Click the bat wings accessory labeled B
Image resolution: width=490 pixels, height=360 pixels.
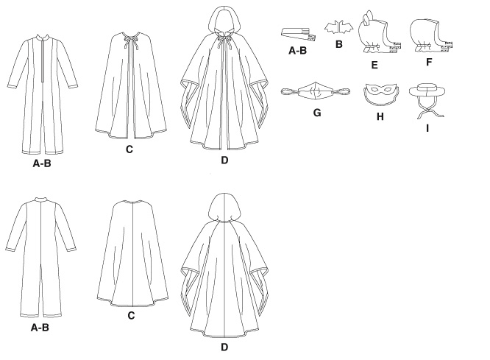339,27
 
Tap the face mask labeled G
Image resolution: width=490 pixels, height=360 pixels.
315,91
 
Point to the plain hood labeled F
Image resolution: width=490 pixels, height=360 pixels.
430,36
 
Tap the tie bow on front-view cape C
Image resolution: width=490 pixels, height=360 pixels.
129,40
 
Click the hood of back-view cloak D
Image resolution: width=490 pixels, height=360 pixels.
224,207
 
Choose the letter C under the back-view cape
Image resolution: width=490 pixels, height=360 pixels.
131,316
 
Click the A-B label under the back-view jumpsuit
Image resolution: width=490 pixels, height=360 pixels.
40,328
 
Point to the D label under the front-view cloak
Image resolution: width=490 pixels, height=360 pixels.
224,160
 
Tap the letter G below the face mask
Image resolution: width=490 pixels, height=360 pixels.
317,113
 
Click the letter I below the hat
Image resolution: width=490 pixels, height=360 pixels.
427,128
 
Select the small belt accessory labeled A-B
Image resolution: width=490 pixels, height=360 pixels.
299,35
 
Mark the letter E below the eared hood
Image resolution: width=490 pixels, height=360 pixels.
374,65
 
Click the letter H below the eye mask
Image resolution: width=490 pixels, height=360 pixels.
380,116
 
